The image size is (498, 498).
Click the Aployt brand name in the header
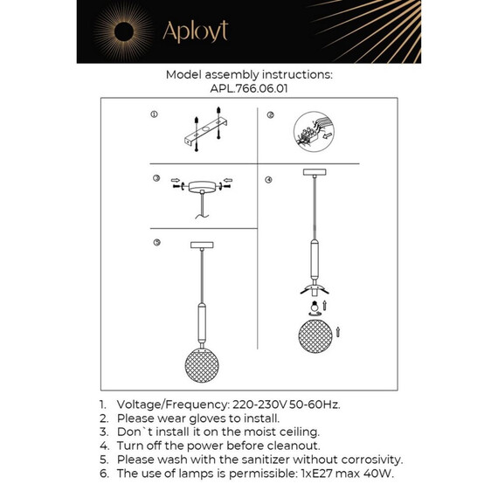point(195,31)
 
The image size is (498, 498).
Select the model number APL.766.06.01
point(249,88)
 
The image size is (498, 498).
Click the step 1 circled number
point(154,115)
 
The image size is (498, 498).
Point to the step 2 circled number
point(271,115)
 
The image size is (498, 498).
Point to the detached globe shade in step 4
point(314,335)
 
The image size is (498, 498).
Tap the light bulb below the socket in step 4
point(313,308)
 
